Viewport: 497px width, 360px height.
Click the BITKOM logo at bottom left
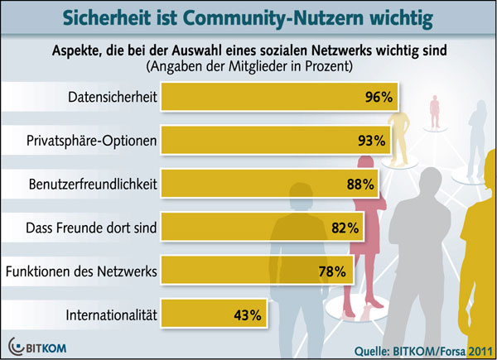point(37,344)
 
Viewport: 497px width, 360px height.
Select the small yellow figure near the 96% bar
point(401,124)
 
